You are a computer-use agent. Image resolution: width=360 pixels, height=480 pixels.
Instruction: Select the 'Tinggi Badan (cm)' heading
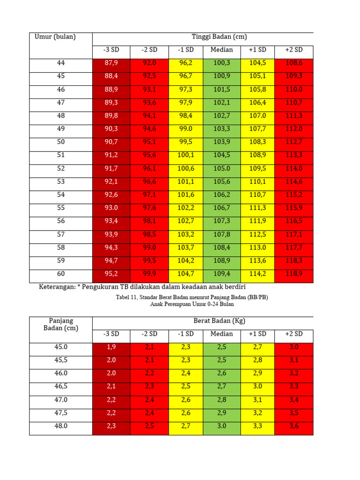(x=219, y=37)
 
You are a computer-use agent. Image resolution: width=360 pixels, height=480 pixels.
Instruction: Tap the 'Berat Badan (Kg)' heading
(x=219, y=321)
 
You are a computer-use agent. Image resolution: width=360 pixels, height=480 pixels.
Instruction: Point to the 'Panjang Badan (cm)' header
(x=61, y=324)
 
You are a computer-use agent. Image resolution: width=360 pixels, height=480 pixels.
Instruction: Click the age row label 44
(x=61, y=63)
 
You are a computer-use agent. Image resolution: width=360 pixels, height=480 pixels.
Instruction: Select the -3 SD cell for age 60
(x=112, y=274)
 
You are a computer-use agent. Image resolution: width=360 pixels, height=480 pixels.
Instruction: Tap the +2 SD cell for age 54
(x=294, y=195)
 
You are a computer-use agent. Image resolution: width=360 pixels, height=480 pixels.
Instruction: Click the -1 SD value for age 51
(x=186, y=155)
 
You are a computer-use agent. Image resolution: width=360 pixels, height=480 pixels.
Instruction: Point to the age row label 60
(x=61, y=274)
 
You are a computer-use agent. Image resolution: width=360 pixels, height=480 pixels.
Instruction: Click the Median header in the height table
(x=222, y=50)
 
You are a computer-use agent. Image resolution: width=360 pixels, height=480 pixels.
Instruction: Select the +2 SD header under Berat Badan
(x=294, y=334)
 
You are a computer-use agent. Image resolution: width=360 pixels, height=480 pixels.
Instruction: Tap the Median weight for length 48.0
(x=222, y=426)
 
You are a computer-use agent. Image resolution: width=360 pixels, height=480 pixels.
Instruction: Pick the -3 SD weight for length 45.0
(x=112, y=347)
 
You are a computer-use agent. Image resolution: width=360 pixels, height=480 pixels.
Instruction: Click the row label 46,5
(x=61, y=387)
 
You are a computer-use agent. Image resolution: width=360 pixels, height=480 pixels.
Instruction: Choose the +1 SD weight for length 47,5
(x=258, y=413)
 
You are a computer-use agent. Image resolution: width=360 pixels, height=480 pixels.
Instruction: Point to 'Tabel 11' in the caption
(x=126, y=297)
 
